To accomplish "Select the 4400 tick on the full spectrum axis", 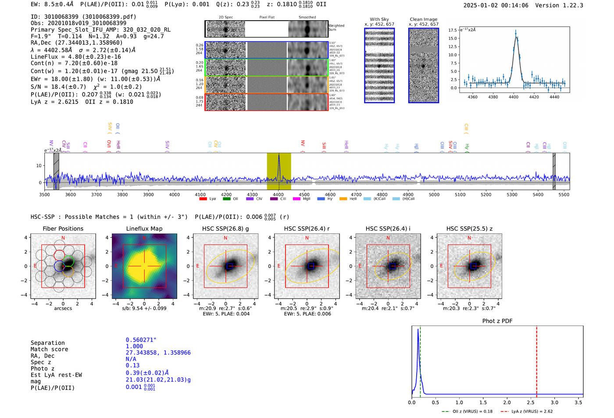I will coord(278,194).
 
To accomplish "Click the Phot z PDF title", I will coord(497,321).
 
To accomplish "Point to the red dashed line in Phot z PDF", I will coord(536,360).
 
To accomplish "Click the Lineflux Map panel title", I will coord(144,229).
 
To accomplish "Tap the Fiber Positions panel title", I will coord(63,229).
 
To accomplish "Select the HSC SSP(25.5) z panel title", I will coord(469,229).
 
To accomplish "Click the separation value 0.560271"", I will coord(141,340).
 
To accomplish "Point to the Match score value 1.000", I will coord(134,346).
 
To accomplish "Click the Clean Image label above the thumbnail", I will coord(423,19).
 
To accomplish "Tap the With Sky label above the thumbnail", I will coord(379,19).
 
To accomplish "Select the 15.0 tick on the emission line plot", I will coord(453,38).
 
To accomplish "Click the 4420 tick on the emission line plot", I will coord(534,97).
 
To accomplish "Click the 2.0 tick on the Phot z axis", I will coord(507,402).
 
